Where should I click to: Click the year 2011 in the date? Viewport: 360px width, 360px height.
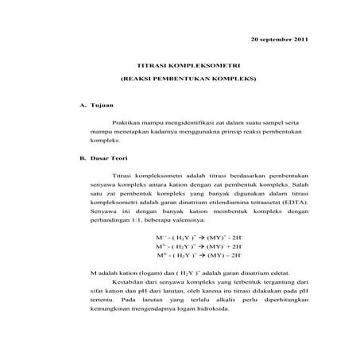[299, 39]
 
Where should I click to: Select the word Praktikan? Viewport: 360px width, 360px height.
[129, 123]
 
